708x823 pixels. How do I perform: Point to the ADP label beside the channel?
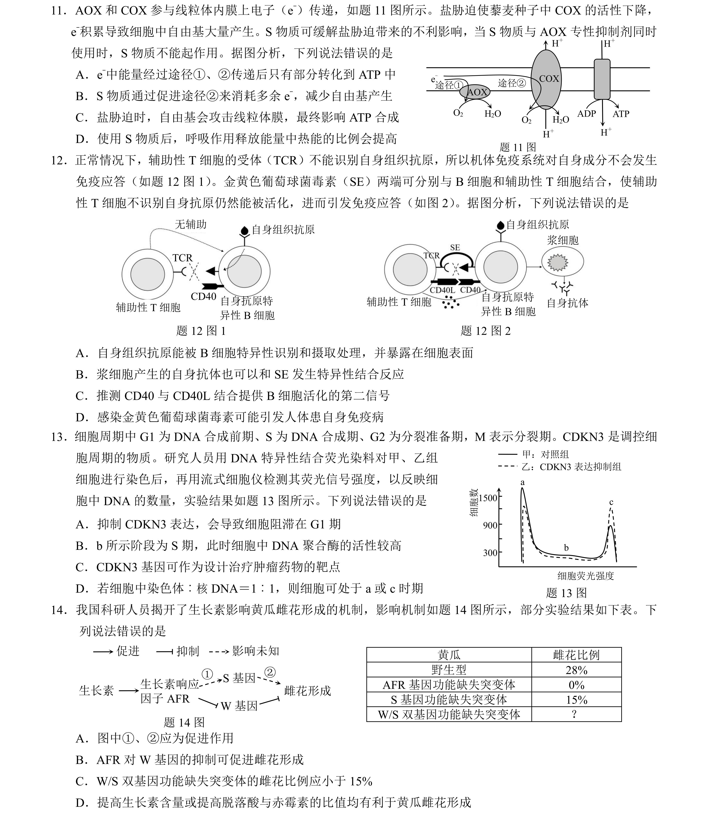[586, 114]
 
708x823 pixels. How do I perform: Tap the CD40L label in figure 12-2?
[442, 290]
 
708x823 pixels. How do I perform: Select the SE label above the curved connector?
[455, 247]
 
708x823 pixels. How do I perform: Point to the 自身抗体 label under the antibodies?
[568, 303]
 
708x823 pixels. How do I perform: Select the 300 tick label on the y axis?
[490, 552]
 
